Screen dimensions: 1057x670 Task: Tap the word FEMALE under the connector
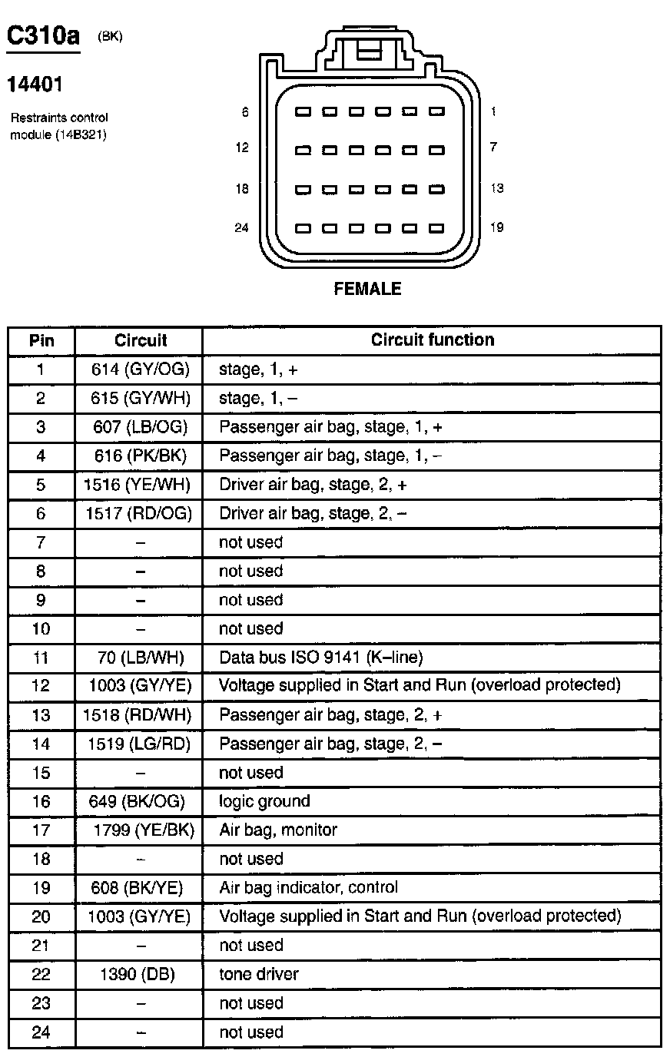coord(367,289)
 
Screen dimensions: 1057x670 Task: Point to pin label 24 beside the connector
coord(241,228)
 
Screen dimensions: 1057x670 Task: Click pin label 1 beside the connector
coord(493,111)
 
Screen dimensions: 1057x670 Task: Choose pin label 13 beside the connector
coord(496,188)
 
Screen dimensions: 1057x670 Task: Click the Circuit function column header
coord(432,340)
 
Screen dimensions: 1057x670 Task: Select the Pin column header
coord(41,340)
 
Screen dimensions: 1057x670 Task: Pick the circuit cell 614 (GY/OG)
coord(140,369)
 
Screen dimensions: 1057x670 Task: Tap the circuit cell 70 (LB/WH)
coord(140,658)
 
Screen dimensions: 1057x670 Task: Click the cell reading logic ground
coord(264,801)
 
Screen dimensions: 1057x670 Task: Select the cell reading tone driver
coord(259,974)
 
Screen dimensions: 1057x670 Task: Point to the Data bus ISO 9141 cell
coord(321,658)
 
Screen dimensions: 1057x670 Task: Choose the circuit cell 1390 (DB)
coord(138,974)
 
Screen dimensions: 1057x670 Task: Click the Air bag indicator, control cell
coord(309,887)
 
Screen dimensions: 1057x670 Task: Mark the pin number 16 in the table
coord(41,801)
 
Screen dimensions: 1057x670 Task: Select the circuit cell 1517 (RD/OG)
coord(138,513)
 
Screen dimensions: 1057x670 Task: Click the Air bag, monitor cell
coord(278,830)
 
